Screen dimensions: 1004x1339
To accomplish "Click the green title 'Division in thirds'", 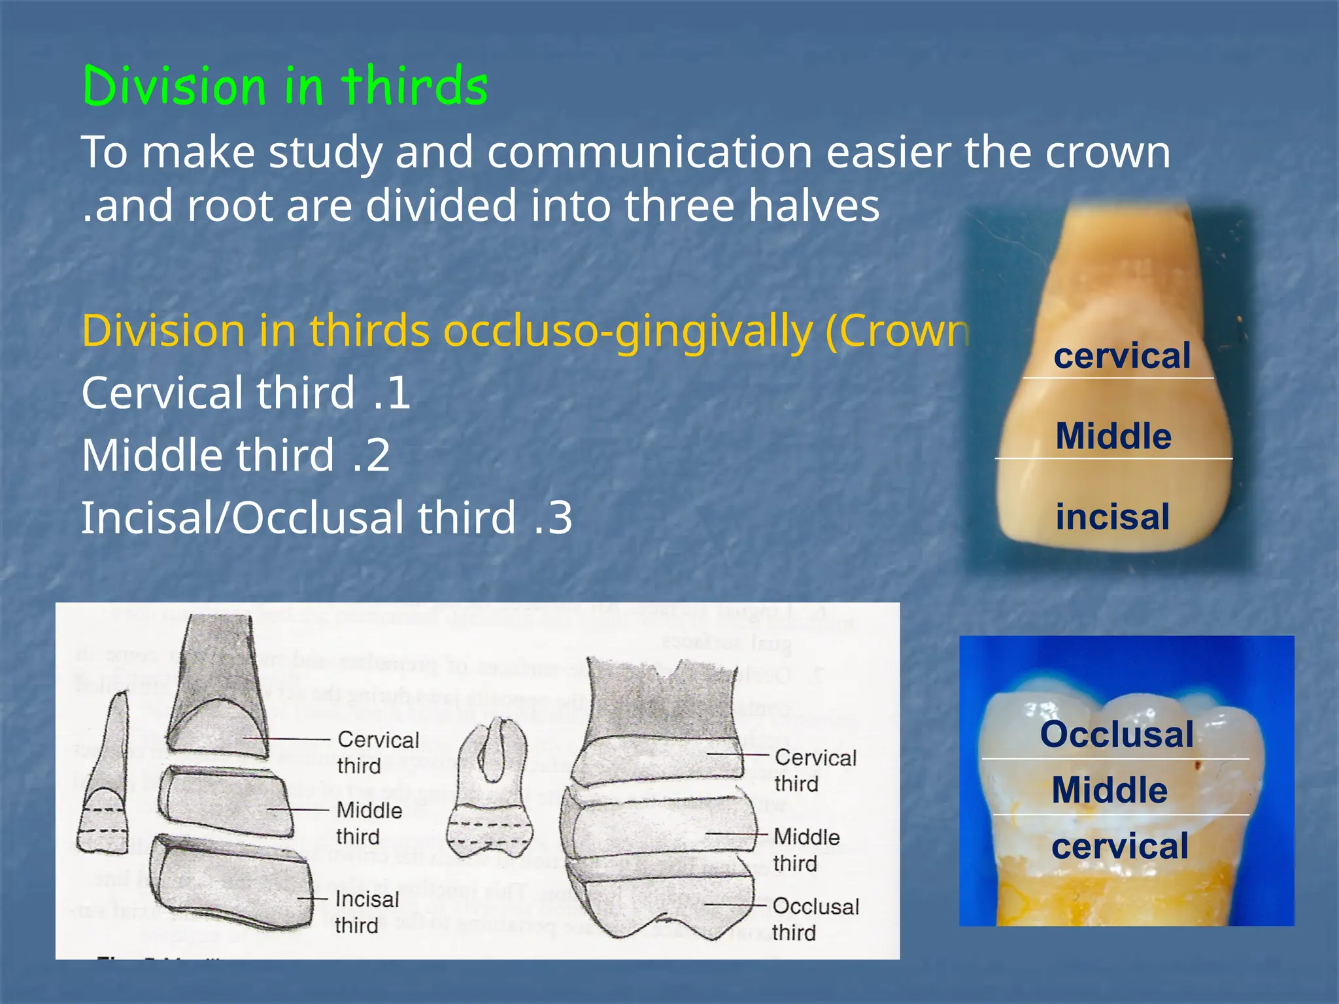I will pos(285,86).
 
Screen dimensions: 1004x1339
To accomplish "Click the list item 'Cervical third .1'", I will pos(246,393).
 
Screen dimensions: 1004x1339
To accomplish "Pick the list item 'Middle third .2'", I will pos(235,455).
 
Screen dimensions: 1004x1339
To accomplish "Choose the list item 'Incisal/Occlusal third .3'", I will pos(326,518).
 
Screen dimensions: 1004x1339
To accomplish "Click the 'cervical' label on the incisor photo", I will pos(1122,356).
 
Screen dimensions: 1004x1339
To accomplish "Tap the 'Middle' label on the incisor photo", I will pos(1113,436).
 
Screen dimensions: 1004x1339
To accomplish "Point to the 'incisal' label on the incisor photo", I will pos(1112,516).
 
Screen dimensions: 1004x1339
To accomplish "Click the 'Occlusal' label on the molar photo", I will pos(1117,734).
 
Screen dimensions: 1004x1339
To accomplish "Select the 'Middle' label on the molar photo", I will pos(1110,790).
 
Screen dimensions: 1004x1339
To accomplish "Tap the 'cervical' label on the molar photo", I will pos(1120,846).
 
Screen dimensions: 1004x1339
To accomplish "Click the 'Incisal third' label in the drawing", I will pos(365,912).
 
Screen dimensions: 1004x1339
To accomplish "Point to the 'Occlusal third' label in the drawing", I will pos(815,919).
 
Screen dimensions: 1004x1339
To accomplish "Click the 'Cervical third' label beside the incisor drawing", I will pos(378,752).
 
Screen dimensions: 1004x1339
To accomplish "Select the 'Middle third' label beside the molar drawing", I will pos(805,850).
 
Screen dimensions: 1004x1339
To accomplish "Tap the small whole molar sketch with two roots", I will pos(492,791).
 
